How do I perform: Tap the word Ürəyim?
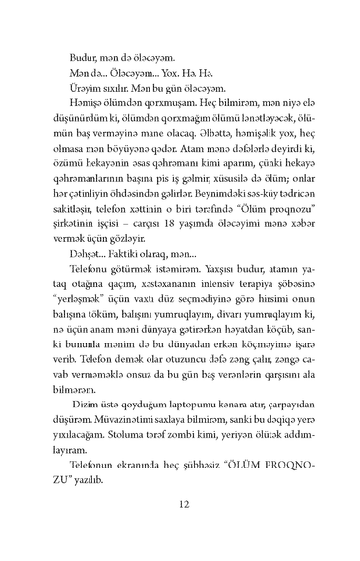tap(88, 88)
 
